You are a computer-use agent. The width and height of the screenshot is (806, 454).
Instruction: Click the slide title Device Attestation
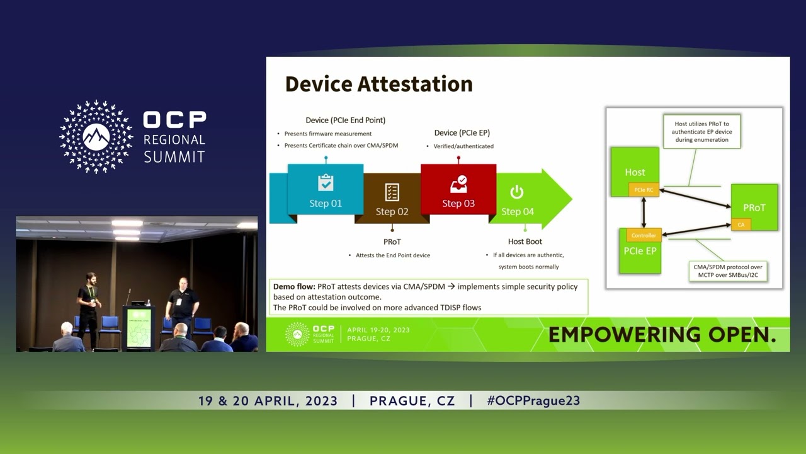coord(378,84)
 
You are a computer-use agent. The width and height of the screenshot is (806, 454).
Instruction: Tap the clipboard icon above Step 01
coord(326,183)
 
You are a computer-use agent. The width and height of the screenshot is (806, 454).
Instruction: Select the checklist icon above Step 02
coord(392,192)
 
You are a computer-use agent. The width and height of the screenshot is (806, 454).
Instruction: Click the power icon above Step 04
coord(517,192)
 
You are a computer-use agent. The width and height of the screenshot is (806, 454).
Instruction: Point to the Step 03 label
coord(458,203)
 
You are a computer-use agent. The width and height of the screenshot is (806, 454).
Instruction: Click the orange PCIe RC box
coord(644,190)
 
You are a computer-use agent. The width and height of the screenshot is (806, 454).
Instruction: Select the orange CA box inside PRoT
coord(741,224)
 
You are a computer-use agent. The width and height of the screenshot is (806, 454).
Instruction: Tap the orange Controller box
coord(644,235)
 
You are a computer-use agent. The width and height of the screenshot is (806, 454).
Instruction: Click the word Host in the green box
coord(635,172)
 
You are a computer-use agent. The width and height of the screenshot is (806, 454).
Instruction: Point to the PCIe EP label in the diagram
coord(640,251)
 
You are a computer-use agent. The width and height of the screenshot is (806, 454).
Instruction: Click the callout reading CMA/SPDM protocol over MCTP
coord(728,271)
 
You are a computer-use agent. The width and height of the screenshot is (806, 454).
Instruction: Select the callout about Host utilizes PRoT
coord(701,132)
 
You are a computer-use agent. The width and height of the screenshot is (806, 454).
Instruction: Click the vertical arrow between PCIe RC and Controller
coord(644,212)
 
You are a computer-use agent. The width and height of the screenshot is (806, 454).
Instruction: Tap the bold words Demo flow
coord(294,287)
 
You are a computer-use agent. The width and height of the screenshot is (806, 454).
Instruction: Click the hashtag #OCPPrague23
coord(533,400)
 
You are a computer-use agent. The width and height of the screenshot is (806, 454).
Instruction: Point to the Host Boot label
coord(525,242)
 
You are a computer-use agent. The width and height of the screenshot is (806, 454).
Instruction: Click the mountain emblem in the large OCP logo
coord(96,137)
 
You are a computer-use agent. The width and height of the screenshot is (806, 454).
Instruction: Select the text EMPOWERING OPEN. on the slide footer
coord(662,335)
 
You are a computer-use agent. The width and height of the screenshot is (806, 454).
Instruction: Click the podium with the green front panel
coord(139,328)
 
